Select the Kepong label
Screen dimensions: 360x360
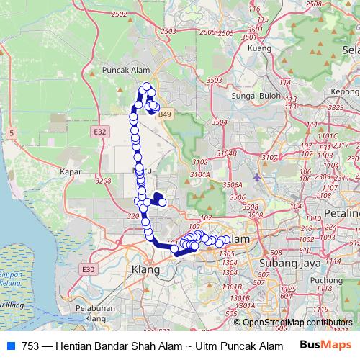click(x=346, y=91)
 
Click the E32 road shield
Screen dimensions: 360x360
click(x=99, y=132)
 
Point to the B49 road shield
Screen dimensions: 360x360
click(x=166, y=114)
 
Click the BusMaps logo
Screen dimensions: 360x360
click(x=325, y=345)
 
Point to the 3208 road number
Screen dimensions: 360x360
click(x=103, y=181)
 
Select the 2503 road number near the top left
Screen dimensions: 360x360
click(x=168, y=32)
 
